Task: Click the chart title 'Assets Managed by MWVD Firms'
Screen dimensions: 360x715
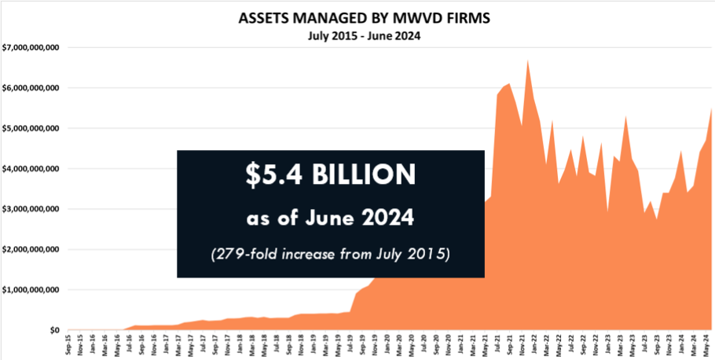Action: pos(357,17)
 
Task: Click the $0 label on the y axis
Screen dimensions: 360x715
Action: pos(54,330)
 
